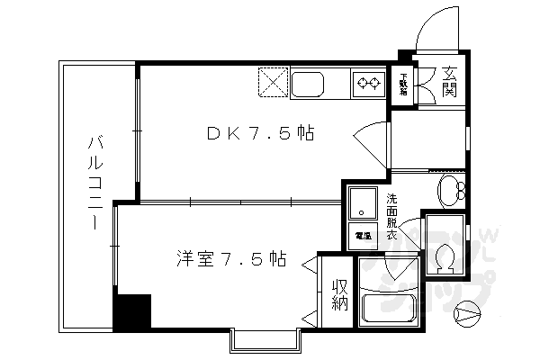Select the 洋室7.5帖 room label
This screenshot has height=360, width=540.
pos(231,260)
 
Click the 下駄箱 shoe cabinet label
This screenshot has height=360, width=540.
pos(404,84)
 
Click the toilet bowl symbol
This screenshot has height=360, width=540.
pos(442,256)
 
